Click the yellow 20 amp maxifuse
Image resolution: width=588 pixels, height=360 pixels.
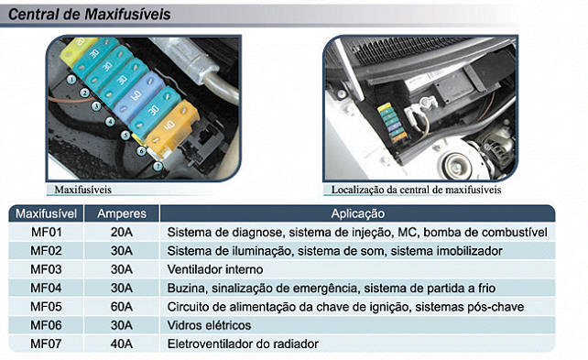77,49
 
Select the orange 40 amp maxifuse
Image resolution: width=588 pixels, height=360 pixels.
172,127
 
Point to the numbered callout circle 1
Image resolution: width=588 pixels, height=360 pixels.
71,80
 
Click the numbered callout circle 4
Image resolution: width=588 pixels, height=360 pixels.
110,122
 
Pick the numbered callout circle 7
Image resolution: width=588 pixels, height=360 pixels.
158,166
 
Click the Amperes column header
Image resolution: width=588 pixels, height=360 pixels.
122,213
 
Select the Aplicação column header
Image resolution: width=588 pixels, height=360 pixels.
358,213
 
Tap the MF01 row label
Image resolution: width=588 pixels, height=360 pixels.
46,232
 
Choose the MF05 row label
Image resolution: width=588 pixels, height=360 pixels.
46,307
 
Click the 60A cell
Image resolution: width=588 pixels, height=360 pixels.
122,307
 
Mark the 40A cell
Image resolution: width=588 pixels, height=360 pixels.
122,344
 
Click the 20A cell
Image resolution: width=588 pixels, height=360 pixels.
122,232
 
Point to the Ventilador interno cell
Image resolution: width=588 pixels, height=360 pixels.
215,269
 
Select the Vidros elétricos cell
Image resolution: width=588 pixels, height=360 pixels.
209,325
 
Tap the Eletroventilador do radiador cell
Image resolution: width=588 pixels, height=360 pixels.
243,344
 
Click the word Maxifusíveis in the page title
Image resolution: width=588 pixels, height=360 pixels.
127,15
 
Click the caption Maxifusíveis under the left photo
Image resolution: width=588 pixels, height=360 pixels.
82,190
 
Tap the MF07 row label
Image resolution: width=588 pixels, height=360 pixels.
46,344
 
